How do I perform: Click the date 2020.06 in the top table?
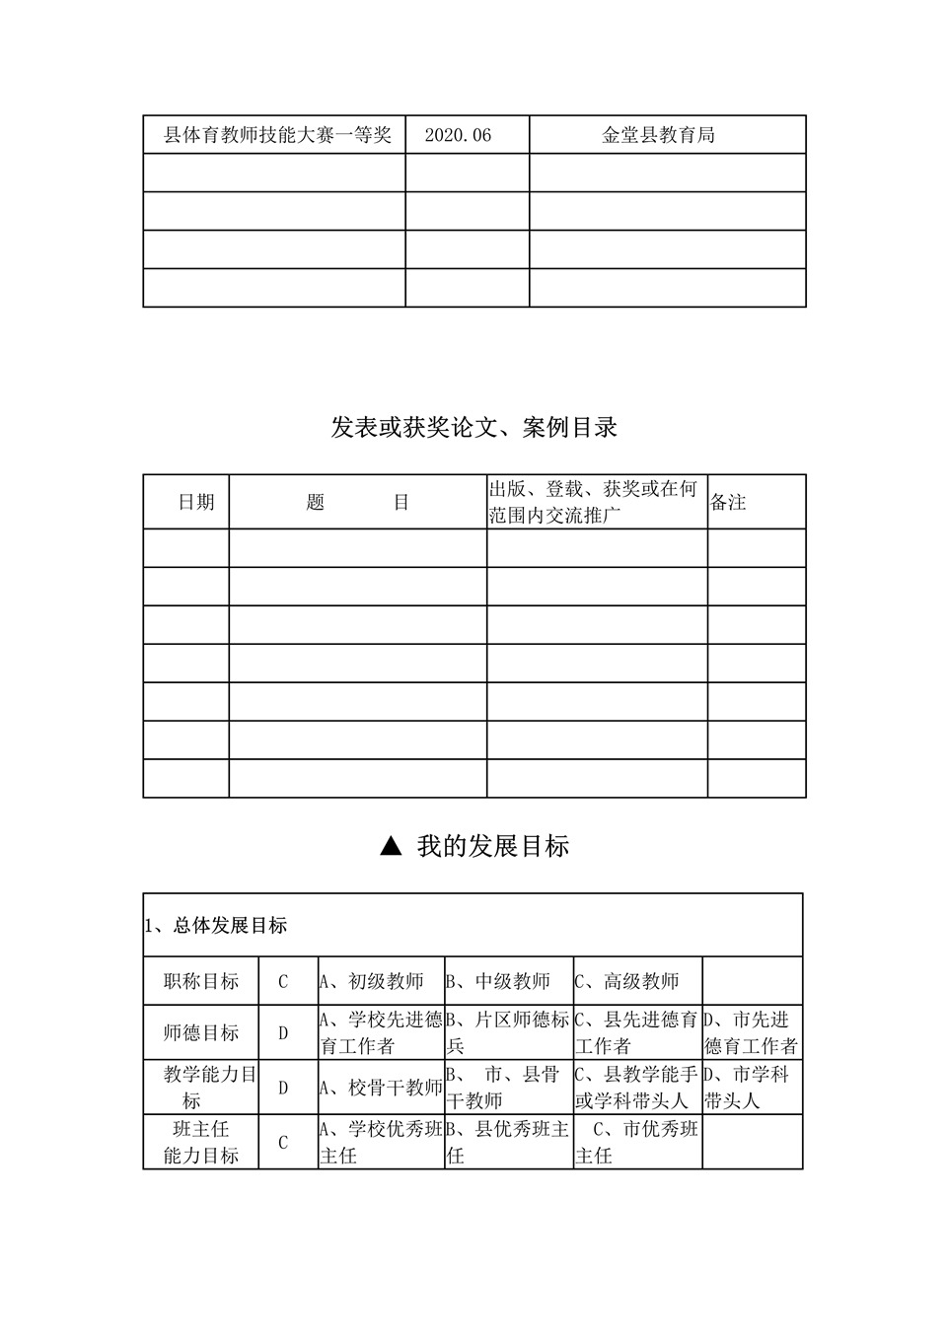(x=458, y=135)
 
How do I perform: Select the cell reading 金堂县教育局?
(x=658, y=135)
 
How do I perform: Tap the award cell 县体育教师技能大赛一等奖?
(x=277, y=135)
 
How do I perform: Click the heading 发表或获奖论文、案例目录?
(x=474, y=427)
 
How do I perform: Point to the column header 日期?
(x=195, y=502)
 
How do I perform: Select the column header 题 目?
(x=357, y=502)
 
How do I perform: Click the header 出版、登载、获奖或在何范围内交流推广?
(x=594, y=502)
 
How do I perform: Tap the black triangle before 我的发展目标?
(x=391, y=845)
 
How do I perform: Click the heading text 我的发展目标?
(x=492, y=846)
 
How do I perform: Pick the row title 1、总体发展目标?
(x=216, y=925)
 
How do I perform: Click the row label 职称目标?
(x=201, y=981)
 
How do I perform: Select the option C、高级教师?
(x=627, y=981)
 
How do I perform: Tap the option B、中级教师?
(x=498, y=981)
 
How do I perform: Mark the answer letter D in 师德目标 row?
(x=283, y=1033)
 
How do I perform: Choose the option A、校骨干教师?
(x=381, y=1088)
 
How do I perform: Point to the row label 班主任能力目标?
(x=201, y=1142)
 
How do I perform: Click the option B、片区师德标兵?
(x=508, y=1032)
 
